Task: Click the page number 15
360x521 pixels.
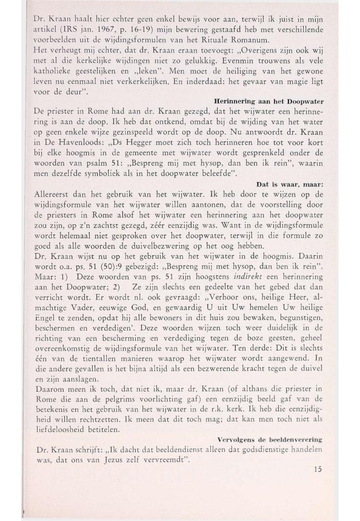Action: click(318, 469)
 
